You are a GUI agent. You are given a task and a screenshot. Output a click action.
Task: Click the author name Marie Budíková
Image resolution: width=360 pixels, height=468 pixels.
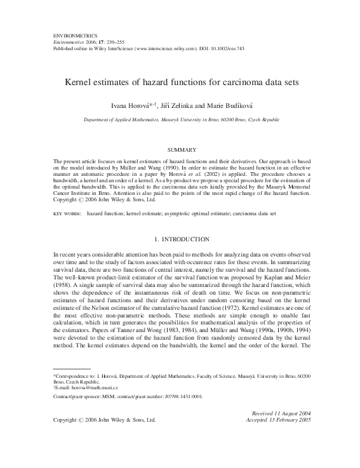pos(223,104)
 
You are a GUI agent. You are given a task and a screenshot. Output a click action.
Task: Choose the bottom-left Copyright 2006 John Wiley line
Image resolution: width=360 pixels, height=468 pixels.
pos(104,438)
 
